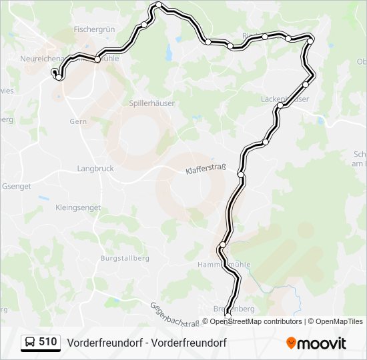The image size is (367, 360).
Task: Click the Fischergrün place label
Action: click(95, 29)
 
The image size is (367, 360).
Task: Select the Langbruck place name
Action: click(93, 169)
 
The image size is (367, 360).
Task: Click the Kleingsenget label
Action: click(78, 207)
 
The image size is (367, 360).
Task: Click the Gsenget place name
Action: click(17, 187)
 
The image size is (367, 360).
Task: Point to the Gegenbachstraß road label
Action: click(175, 313)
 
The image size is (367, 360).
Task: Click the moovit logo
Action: click(316, 343)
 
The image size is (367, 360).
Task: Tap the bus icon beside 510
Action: click(30, 343)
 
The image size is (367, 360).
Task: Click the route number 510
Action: click(48, 342)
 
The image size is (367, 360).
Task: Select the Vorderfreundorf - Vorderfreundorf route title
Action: click(146, 343)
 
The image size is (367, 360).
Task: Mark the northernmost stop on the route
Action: click(159, 6)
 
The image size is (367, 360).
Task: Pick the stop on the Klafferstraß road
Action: click(241, 175)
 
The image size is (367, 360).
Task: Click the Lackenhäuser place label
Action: click(284, 99)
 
